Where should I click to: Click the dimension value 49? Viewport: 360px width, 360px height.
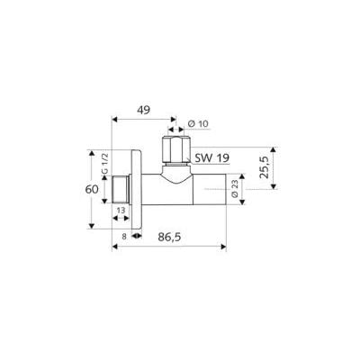pyautogui.click(x=143, y=111)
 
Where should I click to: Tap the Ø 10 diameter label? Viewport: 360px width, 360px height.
pyautogui.click(x=198, y=124)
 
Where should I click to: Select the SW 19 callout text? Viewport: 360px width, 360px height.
pyautogui.click(x=212, y=157)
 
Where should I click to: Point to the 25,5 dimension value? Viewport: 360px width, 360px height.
pyautogui.click(x=265, y=168)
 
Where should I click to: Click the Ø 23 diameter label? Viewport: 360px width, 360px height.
pyautogui.click(x=235, y=189)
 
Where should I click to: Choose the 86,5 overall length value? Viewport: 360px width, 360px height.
pyautogui.click(x=169, y=237)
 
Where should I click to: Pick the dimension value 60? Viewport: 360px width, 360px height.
pyautogui.click(x=92, y=190)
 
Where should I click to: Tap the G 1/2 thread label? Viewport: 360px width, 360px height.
pyautogui.click(x=104, y=162)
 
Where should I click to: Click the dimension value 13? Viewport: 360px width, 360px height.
pyautogui.click(x=121, y=211)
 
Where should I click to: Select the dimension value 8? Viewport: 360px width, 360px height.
pyautogui.click(x=124, y=237)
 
